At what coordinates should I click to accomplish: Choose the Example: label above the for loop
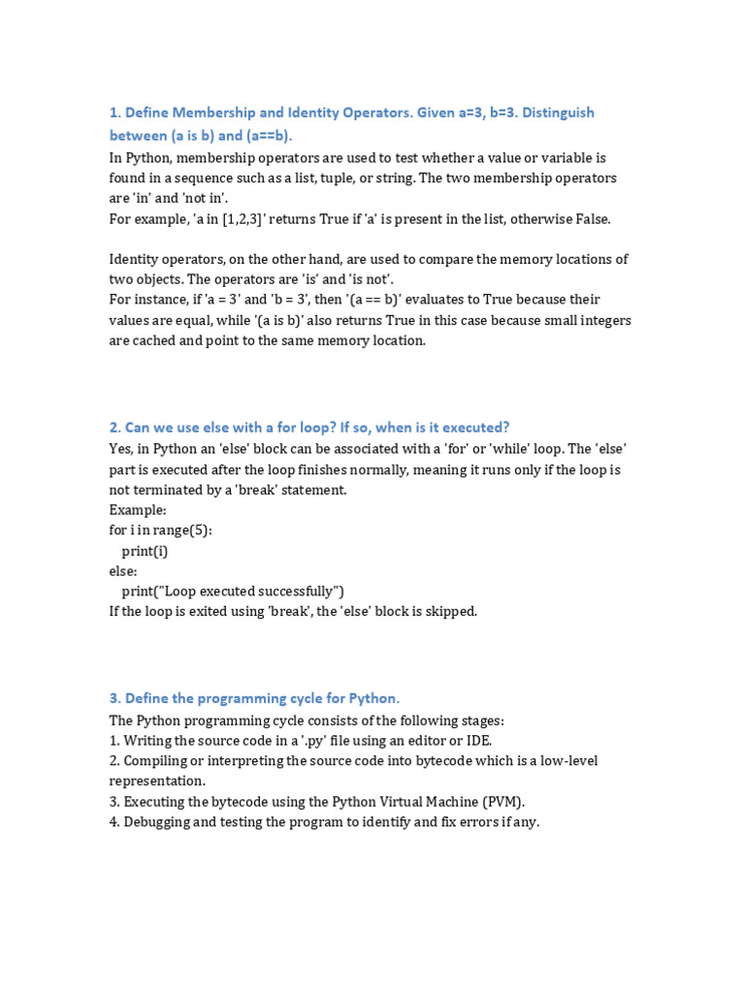click(138, 510)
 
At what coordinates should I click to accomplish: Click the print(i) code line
click(145, 551)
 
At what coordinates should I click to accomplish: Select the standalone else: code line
click(123, 571)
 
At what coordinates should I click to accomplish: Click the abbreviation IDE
click(477, 741)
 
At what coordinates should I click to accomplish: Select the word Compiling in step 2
click(158, 761)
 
